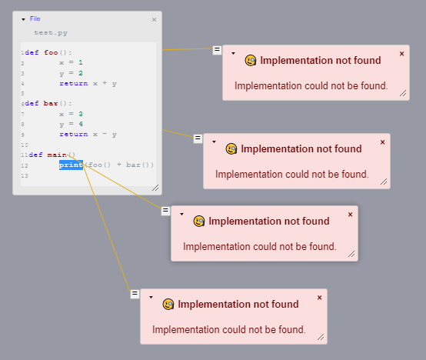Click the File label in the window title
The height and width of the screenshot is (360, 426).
(x=35, y=18)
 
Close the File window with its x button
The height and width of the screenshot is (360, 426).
(x=154, y=19)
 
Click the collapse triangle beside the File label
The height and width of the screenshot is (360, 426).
(x=23, y=18)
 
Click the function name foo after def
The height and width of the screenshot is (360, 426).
(x=51, y=53)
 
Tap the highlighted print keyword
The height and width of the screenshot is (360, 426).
(x=71, y=165)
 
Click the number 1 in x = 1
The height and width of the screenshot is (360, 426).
(x=81, y=63)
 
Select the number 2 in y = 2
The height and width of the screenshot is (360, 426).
(x=81, y=73)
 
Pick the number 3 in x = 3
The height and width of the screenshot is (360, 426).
(x=81, y=114)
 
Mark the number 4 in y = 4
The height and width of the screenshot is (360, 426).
(x=81, y=124)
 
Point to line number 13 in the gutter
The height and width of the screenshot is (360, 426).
(x=25, y=176)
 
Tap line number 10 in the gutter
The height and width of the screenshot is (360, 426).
(x=25, y=145)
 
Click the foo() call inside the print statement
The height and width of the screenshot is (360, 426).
(x=97, y=165)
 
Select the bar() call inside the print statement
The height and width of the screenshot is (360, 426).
(x=139, y=165)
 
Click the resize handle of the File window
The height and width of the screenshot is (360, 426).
(x=155, y=188)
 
